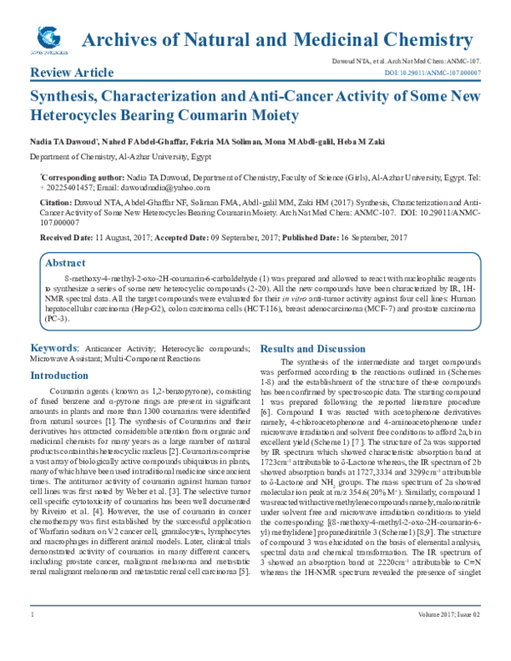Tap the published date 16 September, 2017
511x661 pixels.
(x=355, y=236)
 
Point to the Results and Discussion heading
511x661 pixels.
(x=318, y=349)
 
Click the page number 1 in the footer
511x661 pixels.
(x=32, y=638)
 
